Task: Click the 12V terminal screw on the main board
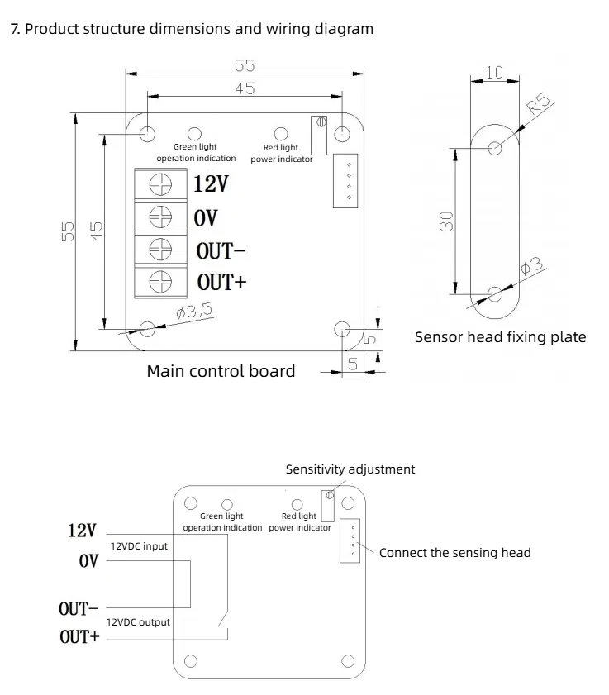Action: pos(159,183)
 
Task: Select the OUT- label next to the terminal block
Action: pos(221,250)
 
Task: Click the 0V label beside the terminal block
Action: pos(206,217)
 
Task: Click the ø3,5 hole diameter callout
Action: pos(195,311)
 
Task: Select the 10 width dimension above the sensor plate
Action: pos(494,73)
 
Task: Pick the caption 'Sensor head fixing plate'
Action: pos(500,337)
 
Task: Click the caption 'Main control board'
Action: pos(221,371)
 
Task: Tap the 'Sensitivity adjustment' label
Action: pos(350,469)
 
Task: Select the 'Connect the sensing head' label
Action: pos(454,552)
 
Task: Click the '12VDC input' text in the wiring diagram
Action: pos(139,546)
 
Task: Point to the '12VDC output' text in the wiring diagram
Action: pos(140,621)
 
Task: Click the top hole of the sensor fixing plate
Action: pos(495,149)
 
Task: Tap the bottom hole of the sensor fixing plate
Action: pos(495,293)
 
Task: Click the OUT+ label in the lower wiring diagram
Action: pos(79,637)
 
